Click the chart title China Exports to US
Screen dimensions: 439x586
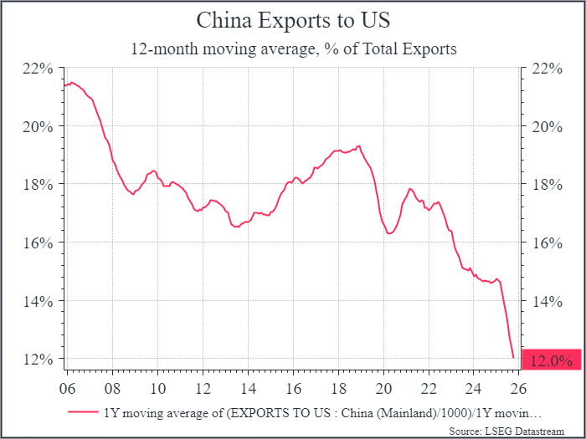click(x=293, y=20)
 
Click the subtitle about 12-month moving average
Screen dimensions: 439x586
click(x=293, y=48)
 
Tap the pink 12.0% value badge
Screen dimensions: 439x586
click(x=551, y=360)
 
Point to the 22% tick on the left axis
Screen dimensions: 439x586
click(x=41, y=69)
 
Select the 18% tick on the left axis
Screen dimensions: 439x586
click(x=41, y=185)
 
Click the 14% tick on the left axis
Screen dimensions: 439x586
click(x=41, y=301)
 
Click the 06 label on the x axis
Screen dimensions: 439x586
click(x=68, y=388)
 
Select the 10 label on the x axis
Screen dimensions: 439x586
click(x=157, y=388)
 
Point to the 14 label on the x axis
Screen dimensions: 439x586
click(x=248, y=388)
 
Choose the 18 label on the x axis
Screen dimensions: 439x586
click(x=337, y=388)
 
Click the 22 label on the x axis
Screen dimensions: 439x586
click(x=428, y=388)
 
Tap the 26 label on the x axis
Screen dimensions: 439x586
click(x=517, y=388)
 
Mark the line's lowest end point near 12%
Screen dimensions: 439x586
click(x=513, y=358)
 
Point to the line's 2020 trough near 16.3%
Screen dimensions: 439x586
click(x=389, y=233)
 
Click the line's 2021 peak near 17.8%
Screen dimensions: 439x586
click(x=410, y=189)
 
